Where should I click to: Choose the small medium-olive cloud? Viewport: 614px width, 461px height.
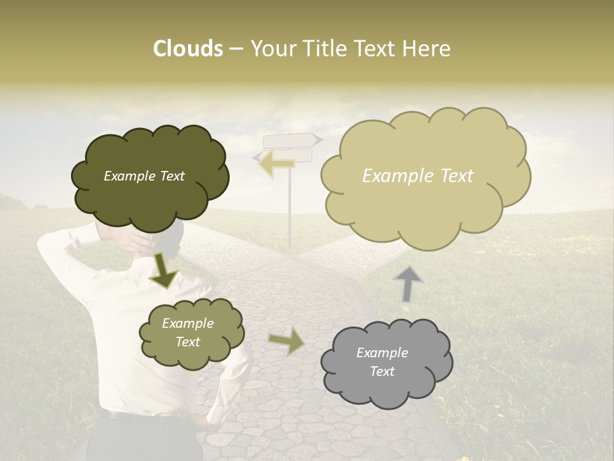pos(191,355)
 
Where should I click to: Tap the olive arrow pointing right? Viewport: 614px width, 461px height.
pos(286,341)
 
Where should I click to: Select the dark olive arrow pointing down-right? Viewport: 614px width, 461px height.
pos(164,270)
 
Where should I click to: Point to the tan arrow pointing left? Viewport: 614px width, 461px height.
pos(276,164)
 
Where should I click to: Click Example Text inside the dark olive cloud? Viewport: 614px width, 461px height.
pos(144,176)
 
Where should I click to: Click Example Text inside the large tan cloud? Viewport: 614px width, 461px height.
pos(418,175)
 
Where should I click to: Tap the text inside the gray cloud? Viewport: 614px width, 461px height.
pos(382,362)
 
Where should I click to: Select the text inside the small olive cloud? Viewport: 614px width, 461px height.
pos(187,332)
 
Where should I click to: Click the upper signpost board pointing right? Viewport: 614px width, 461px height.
pos(291,140)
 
